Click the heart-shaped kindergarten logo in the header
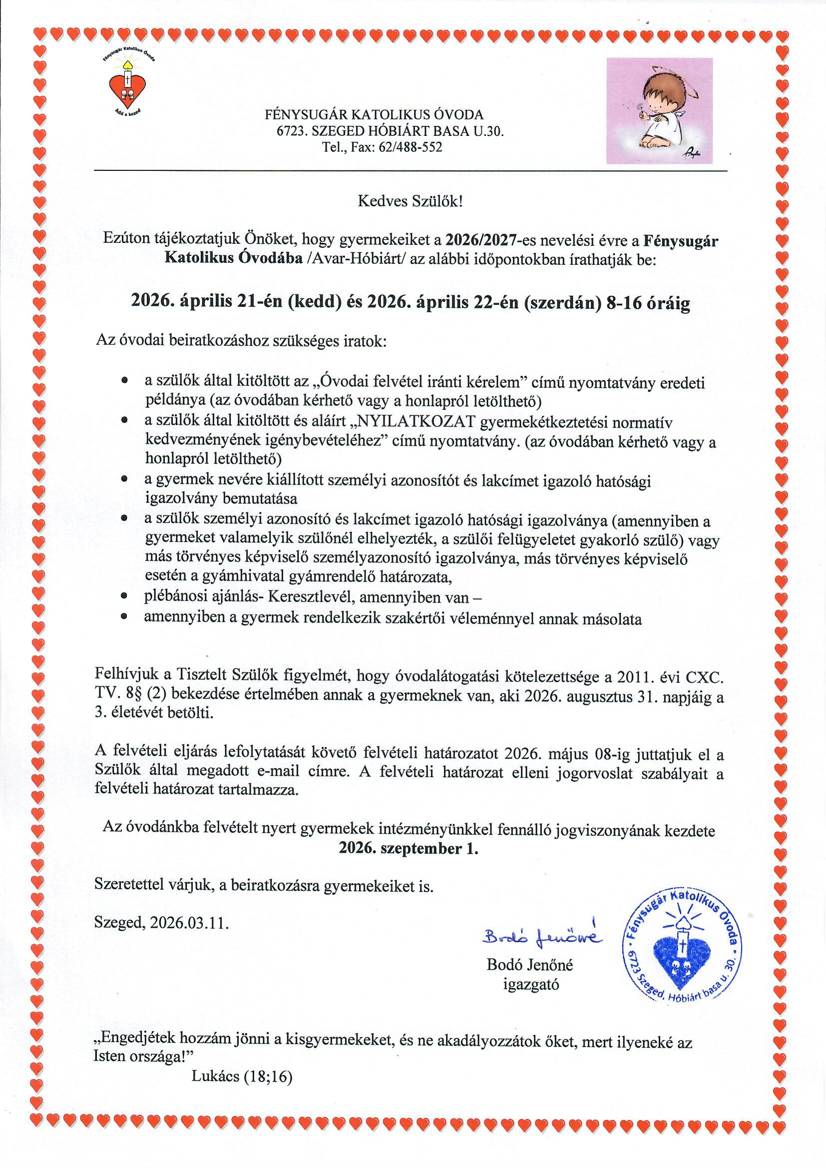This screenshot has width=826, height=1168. [128, 86]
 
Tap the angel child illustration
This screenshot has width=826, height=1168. [659, 110]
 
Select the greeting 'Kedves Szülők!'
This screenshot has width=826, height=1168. [411, 202]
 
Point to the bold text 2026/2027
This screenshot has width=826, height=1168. [480, 240]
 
